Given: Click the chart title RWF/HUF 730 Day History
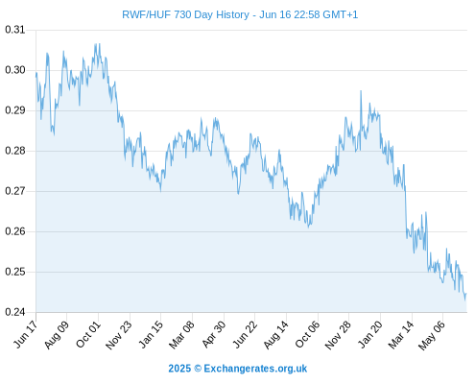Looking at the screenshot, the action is coord(185,14).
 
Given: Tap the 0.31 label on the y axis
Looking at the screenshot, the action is coord(15,30).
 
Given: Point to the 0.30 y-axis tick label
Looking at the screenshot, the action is coord(15,70).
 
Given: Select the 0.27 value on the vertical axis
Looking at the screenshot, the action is coord(15,191).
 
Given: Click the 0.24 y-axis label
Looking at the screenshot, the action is coord(15,312).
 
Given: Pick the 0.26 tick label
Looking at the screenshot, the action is coord(15,231).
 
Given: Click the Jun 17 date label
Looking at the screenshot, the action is coord(26,334).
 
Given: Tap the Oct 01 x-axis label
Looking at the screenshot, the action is coord(88,334).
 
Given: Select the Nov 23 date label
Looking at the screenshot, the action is coord(119,334).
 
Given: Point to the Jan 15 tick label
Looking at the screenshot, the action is coord(151,334).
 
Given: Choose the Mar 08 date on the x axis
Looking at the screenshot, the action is coord(181,334).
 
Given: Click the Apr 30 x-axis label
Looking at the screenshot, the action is coord(214,334).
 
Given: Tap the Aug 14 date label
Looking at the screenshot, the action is coord(276,334).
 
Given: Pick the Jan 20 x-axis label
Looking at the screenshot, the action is coord(370,334).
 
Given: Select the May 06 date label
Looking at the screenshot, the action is coord(432,335).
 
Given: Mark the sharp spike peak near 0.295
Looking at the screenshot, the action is coord(361,91).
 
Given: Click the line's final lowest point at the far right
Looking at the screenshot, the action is coord(465,300).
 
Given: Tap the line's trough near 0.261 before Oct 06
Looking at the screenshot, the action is coord(308,228).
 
